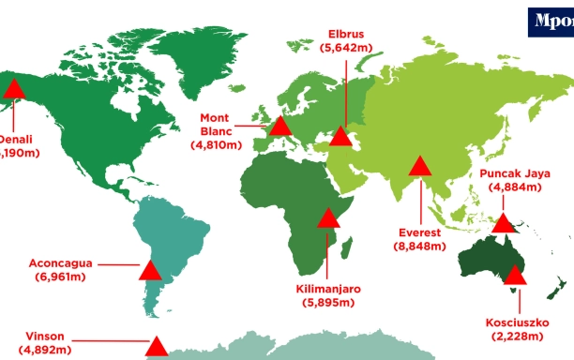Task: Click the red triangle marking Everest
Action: coord(419,169)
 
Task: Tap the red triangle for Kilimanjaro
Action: coord(328,219)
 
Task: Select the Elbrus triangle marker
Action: coord(343,139)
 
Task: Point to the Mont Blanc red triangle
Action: coord(279,127)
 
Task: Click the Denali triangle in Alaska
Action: coord(13,91)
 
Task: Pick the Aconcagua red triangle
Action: coord(150,272)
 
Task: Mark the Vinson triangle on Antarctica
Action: coord(158,346)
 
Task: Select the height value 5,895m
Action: coord(327,304)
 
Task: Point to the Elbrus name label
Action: coord(344,30)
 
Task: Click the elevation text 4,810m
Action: coord(217,146)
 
